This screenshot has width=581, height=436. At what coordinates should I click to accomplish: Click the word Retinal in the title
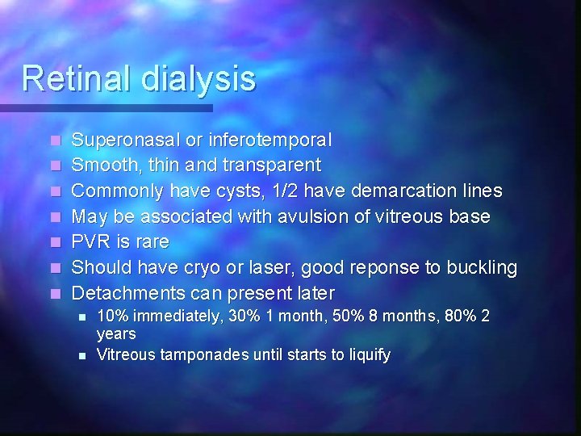pyautogui.click(x=77, y=78)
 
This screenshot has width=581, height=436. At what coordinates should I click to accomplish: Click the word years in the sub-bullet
pyautogui.click(x=116, y=333)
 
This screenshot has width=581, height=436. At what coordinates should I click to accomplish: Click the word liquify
pyautogui.click(x=364, y=354)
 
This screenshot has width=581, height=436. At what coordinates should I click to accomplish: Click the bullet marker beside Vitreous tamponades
pyautogui.click(x=82, y=354)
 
